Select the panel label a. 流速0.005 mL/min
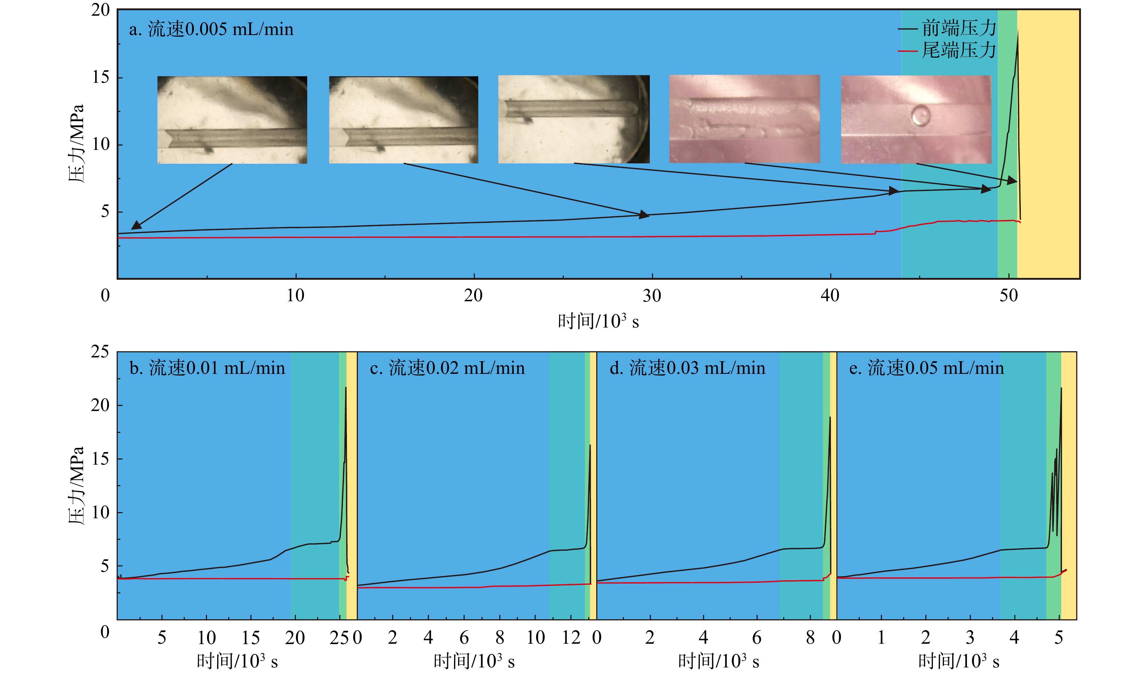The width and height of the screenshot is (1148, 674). [x=211, y=30]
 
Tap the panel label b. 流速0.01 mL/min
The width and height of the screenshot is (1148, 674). [x=207, y=368]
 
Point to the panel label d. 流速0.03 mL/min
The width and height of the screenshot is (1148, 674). [x=687, y=368]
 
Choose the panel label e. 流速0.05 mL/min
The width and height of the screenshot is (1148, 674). [x=926, y=368]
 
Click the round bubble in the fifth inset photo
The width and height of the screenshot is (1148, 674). [x=921, y=115]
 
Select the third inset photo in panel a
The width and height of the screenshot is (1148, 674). [x=574, y=119]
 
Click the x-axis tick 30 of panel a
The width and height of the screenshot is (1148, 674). [x=652, y=296]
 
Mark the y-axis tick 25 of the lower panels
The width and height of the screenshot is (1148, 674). [x=100, y=352]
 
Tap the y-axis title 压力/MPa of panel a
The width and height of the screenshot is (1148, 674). [x=77, y=144]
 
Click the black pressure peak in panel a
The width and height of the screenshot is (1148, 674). [x=1018, y=32]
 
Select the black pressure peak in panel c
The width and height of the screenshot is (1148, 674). [x=590, y=446]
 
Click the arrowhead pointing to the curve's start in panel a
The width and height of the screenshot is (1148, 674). [x=135, y=226]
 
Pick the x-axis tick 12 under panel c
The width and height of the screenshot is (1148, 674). [x=571, y=638]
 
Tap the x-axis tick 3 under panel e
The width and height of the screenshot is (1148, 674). [x=970, y=638]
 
